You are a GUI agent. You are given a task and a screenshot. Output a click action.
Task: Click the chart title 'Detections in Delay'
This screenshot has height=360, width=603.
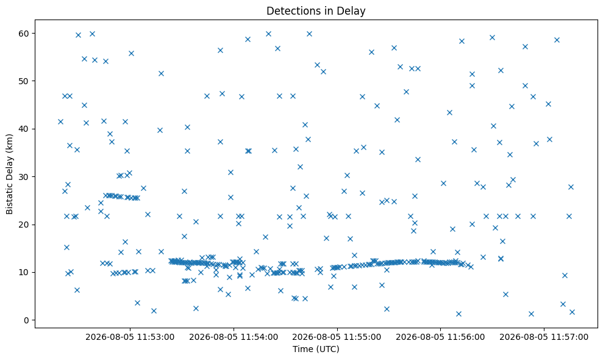tap(316, 11)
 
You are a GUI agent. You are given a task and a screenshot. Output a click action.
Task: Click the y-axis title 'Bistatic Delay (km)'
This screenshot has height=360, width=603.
tap(9, 174)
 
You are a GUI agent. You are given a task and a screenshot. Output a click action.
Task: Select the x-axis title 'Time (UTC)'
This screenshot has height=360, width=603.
tap(316, 349)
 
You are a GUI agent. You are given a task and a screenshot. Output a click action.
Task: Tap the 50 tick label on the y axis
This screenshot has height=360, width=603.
tap(24, 81)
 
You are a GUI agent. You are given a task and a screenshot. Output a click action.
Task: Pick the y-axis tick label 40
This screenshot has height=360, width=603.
tap(24, 129)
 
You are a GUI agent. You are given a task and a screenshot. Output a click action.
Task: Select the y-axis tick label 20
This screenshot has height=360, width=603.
tap(24, 225)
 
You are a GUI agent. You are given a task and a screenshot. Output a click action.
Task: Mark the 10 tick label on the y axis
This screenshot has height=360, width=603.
tap(24, 272)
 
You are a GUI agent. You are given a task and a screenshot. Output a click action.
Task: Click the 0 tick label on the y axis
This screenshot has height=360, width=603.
tap(27, 320)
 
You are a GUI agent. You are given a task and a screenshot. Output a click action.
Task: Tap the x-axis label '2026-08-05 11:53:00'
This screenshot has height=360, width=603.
tap(130, 337)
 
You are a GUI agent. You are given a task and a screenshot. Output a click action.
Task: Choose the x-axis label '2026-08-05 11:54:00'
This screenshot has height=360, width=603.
tap(234, 337)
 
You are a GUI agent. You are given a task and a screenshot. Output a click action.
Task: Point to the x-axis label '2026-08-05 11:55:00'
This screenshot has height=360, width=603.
tap(337, 337)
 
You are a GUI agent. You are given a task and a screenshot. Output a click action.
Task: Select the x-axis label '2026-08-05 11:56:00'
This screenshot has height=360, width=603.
tap(440, 337)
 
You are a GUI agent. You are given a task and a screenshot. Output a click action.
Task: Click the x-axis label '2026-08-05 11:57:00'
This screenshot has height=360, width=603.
tap(544, 337)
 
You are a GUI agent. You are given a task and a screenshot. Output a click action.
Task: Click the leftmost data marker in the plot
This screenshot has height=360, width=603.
tap(60, 121)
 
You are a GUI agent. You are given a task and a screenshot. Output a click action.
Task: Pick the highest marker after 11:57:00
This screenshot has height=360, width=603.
tap(557, 40)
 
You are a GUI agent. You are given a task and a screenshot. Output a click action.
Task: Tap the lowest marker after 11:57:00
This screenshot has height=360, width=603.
tap(572, 312)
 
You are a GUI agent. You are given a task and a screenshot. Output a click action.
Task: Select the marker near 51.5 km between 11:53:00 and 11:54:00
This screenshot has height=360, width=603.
tap(161, 74)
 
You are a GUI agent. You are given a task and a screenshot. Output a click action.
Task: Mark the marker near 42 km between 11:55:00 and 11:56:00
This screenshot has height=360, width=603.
tap(398, 120)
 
